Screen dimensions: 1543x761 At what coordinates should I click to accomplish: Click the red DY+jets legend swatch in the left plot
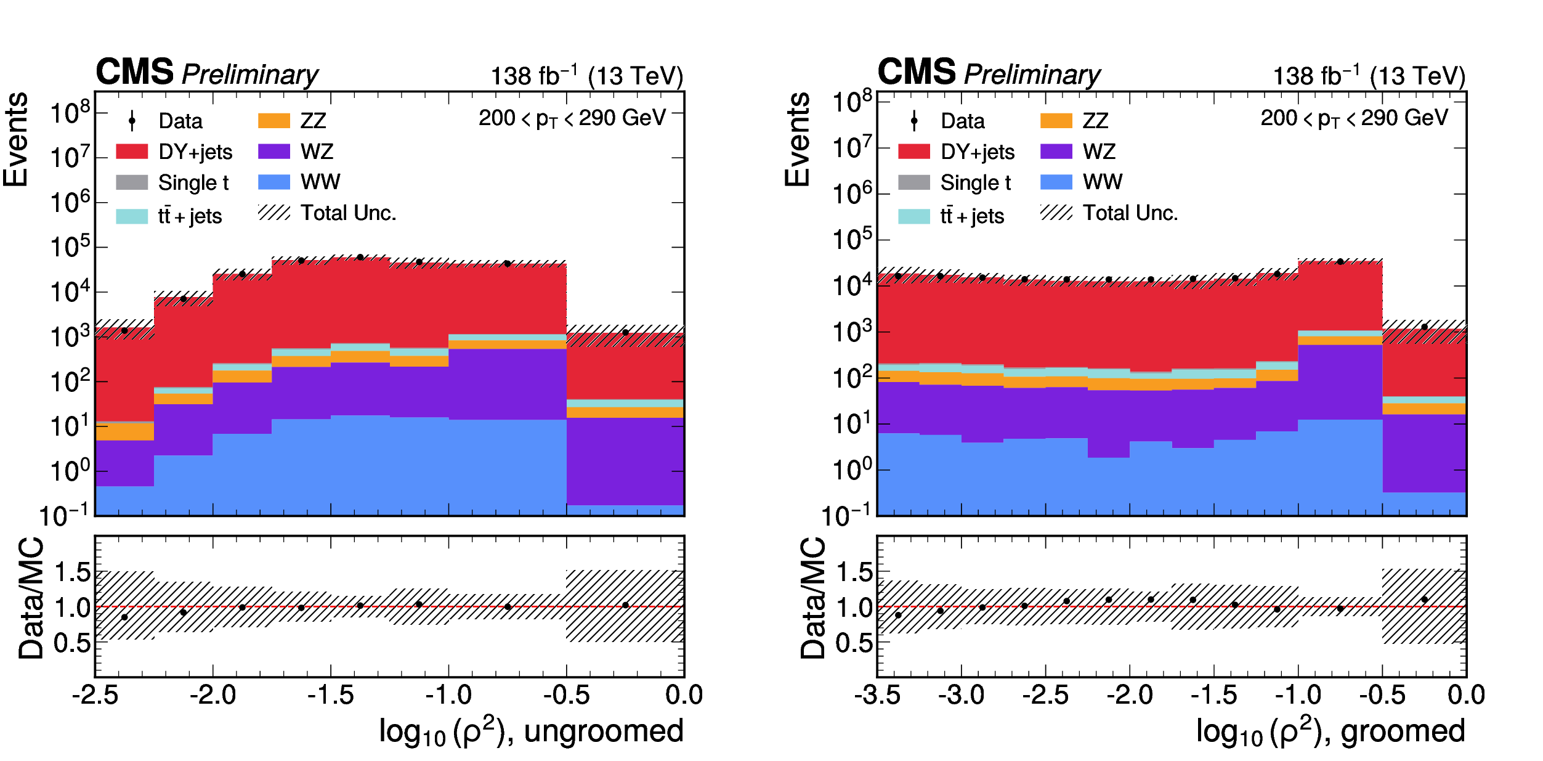pyautogui.click(x=132, y=152)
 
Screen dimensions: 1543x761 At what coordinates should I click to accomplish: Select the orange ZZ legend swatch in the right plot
pyautogui.click(x=1056, y=120)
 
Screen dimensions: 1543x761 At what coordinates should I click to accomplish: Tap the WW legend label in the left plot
pyautogui.click(x=320, y=182)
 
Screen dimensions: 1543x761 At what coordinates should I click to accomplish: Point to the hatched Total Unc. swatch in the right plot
pyautogui.click(x=1056, y=213)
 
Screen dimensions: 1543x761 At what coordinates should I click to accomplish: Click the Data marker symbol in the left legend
pyautogui.click(x=132, y=121)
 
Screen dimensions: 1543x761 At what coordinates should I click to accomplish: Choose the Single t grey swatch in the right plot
pyautogui.click(x=914, y=182)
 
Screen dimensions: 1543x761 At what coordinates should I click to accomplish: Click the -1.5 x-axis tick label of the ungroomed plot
pyautogui.click(x=331, y=696)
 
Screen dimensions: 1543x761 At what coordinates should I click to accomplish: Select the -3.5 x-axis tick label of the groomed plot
pyautogui.click(x=877, y=696)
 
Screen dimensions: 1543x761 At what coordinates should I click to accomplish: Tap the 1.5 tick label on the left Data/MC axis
pyautogui.click(x=73, y=572)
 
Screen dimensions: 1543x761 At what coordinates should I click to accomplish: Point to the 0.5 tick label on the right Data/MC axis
pyautogui.click(x=854, y=643)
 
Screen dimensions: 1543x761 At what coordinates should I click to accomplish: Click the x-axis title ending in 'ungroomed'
pyautogui.click(x=532, y=731)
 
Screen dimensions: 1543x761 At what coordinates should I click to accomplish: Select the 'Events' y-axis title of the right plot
pyautogui.click(x=797, y=139)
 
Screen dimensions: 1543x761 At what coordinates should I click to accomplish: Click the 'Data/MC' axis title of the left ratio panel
pyautogui.click(x=31, y=599)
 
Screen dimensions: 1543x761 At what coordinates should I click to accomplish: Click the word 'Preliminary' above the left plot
pyautogui.click(x=250, y=75)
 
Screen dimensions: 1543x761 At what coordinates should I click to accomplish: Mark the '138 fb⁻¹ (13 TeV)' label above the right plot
pyautogui.click(x=1369, y=76)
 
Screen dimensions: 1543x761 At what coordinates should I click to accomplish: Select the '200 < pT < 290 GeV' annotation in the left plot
pyautogui.click(x=572, y=118)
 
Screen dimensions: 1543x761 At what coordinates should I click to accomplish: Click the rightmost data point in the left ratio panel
pyautogui.click(x=625, y=605)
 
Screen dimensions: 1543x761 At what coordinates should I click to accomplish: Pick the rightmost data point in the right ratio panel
pyautogui.click(x=1424, y=600)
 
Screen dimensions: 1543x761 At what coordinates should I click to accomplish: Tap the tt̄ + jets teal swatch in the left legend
pyautogui.click(x=132, y=216)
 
